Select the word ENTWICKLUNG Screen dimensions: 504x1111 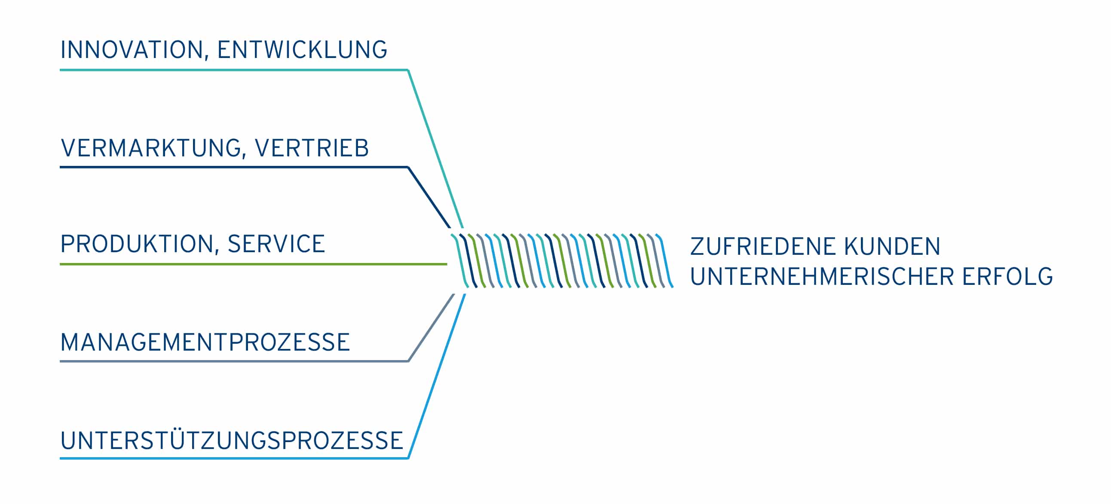pos(302,49)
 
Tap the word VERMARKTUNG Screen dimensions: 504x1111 pos(151,148)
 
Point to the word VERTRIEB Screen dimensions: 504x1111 pos(312,148)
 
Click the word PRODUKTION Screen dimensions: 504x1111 pos(137,244)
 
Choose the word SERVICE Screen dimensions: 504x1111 pos(276,244)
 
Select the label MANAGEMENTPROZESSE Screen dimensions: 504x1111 pos(205,342)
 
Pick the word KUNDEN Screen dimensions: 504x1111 pos(892,247)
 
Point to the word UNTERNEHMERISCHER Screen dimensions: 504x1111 pos(822,276)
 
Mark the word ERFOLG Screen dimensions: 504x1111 pos(1007,276)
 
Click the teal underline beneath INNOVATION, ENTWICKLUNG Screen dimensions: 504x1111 pos(233,70)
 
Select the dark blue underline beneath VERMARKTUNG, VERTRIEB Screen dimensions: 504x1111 pos(233,167)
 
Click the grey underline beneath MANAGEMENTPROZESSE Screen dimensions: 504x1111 pos(233,361)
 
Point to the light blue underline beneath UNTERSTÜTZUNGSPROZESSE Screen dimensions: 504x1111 pos(233,458)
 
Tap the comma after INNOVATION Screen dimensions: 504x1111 pos(207,58)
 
